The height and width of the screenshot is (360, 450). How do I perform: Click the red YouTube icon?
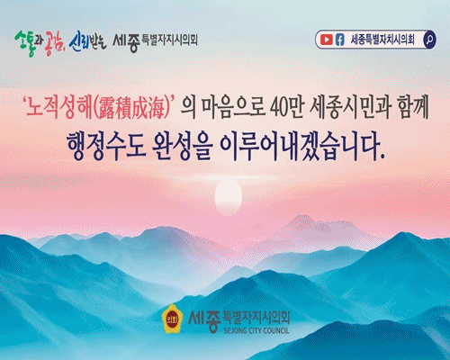[x=326, y=40]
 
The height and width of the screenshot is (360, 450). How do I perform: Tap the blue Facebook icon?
[x=339, y=40]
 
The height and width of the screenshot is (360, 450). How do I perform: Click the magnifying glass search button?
[x=429, y=40]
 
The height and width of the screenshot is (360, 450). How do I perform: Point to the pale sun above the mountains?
[x=229, y=195]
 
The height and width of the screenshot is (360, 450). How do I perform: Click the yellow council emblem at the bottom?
[x=172, y=319]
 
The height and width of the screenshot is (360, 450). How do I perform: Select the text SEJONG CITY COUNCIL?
[x=256, y=330]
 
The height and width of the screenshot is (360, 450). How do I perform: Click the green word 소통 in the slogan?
[x=25, y=42]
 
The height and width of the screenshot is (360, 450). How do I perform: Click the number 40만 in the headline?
[x=287, y=107]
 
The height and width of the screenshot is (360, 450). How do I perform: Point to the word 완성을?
[x=183, y=146]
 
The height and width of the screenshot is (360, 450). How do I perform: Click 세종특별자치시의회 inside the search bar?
[x=382, y=40]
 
